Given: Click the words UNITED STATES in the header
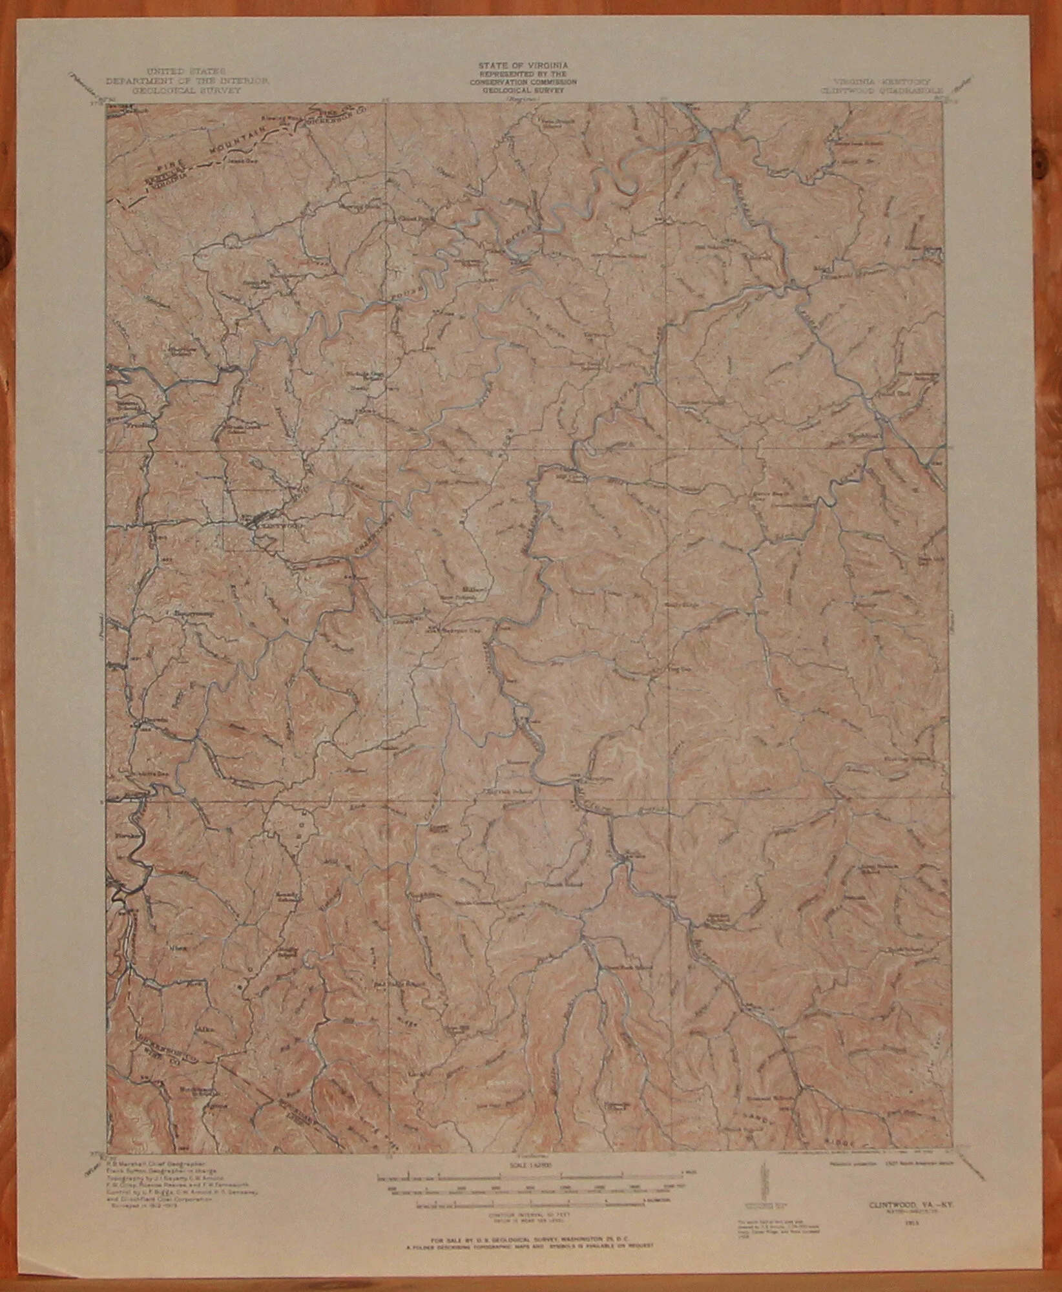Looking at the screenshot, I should point(176,69).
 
